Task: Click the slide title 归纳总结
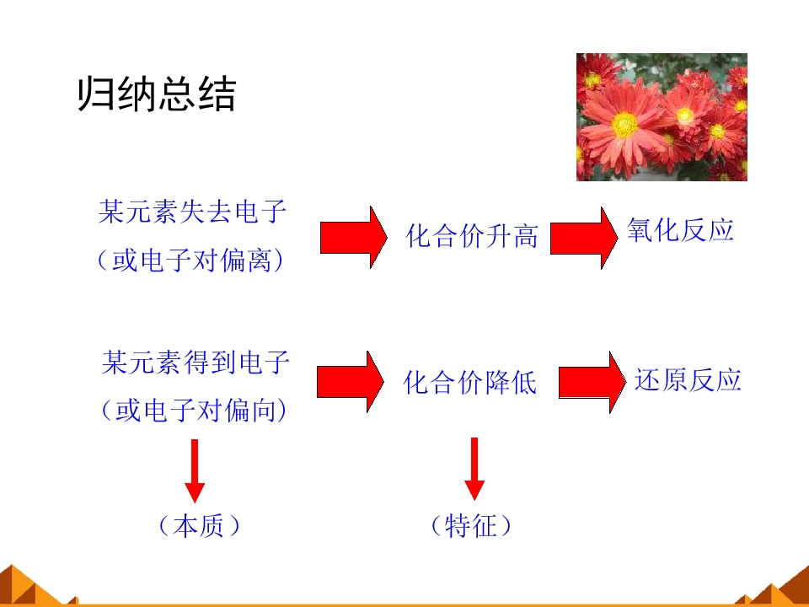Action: [157, 94]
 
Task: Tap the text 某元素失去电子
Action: [192, 212]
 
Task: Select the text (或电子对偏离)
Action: [190, 260]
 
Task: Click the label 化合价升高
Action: [472, 236]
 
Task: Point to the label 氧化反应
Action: [681, 229]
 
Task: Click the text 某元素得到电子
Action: [196, 363]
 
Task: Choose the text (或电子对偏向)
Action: [194, 411]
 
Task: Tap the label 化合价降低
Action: [469, 383]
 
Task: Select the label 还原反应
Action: [688, 380]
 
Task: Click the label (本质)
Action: [199, 526]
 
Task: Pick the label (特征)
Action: [471, 526]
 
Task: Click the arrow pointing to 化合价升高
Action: [353, 238]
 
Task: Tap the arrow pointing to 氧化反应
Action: [584, 238]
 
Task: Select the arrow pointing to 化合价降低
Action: [351, 382]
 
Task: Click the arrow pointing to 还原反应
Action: [592, 383]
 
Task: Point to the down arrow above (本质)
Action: [195, 470]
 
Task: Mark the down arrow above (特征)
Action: [474, 469]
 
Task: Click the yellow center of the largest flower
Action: [624, 125]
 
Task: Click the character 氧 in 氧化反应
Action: [640, 229]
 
